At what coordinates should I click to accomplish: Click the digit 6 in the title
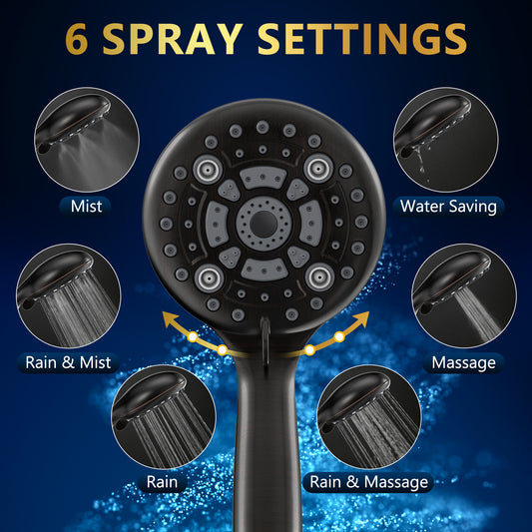click(x=76, y=39)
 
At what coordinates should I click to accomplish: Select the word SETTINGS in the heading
click(x=362, y=39)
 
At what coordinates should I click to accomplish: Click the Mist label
click(x=86, y=207)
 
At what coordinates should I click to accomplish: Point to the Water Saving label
click(x=448, y=207)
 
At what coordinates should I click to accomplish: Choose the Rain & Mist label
click(x=68, y=362)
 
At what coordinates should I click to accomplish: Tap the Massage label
click(x=463, y=363)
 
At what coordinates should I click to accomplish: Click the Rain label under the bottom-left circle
click(x=162, y=482)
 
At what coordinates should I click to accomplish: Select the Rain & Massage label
click(x=368, y=482)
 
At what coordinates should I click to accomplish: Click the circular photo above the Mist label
click(x=87, y=140)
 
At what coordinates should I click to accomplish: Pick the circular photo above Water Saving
click(x=446, y=140)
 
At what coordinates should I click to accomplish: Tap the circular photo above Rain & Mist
click(x=69, y=295)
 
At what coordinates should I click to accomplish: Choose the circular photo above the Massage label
click(x=464, y=295)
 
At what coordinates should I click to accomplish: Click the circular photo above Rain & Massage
click(x=369, y=417)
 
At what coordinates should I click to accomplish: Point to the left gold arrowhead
click(x=170, y=319)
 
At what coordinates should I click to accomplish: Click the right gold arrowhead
click(x=361, y=319)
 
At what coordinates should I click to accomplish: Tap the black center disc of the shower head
click(x=264, y=224)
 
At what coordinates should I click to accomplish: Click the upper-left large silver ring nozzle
click(x=208, y=169)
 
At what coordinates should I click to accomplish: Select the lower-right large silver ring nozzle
click(x=320, y=277)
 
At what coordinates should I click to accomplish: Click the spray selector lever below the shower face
click(x=266, y=342)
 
